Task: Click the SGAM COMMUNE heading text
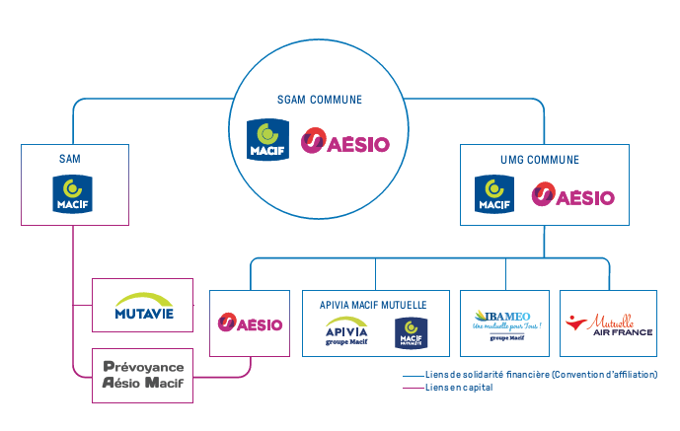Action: (320, 100)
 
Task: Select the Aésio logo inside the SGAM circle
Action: (345, 142)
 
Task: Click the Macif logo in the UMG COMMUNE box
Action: (493, 193)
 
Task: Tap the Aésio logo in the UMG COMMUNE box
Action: (572, 195)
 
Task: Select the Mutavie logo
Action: (142, 306)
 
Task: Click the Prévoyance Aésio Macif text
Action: (144, 375)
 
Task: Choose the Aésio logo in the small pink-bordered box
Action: (251, 323)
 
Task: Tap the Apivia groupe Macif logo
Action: (346, 332)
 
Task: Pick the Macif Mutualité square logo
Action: (410, 333)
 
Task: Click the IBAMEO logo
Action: (505, 323)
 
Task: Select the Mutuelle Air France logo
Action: (608, 324)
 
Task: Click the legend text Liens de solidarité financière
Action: (540, 375)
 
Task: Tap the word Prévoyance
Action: (143, 366)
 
